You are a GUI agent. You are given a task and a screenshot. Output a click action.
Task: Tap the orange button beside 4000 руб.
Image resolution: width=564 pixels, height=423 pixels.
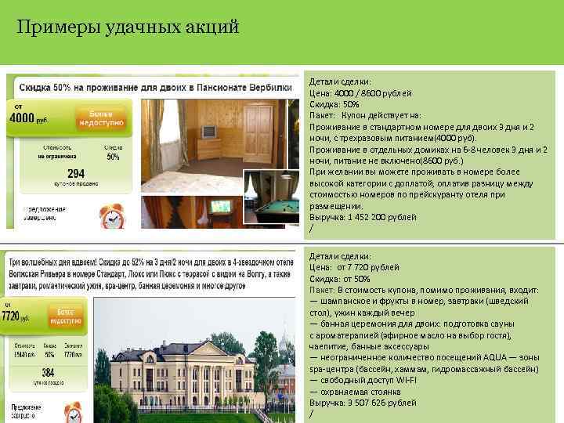(99, 117)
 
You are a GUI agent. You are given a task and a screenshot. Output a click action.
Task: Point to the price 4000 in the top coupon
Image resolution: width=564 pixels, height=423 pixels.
(27, 117)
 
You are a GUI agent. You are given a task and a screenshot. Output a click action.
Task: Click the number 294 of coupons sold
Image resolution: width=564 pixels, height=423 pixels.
(76, 174)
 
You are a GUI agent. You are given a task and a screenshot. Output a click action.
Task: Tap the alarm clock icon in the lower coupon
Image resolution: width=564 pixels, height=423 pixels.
(73, 410)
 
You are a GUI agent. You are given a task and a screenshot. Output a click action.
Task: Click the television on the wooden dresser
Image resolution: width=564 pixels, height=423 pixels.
(209, 131)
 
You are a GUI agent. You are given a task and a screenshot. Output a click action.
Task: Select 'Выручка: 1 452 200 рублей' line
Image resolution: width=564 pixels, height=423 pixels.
(363, 217)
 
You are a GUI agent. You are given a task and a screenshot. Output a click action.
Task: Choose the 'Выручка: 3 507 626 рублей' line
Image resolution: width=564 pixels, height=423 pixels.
(364, 402)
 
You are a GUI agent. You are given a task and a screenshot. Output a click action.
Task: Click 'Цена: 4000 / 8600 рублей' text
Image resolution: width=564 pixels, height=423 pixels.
(360, 92)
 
